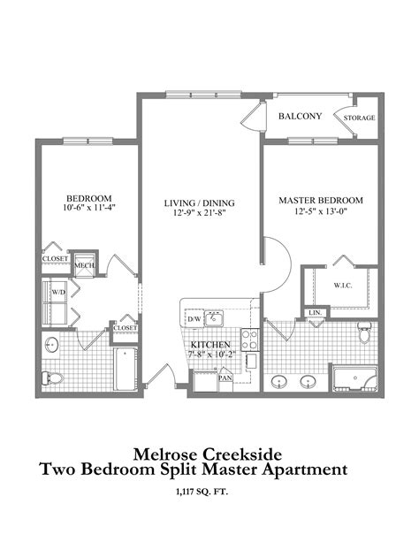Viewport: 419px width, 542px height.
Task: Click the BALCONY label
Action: (x=301, y=117)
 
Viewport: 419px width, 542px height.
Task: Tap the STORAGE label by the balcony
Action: (x=360, y=118)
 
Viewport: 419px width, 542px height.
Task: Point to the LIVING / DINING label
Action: (x=198, y=203)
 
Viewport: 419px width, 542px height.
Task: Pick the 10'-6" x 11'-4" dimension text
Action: (x=88, y=208)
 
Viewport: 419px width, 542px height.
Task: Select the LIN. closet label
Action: (x=314, y=312)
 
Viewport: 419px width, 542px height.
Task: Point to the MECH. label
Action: (x=84, y=265)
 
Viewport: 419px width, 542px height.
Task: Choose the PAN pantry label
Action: (x=225, y=378)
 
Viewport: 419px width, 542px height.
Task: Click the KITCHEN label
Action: (x=211, y=345)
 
